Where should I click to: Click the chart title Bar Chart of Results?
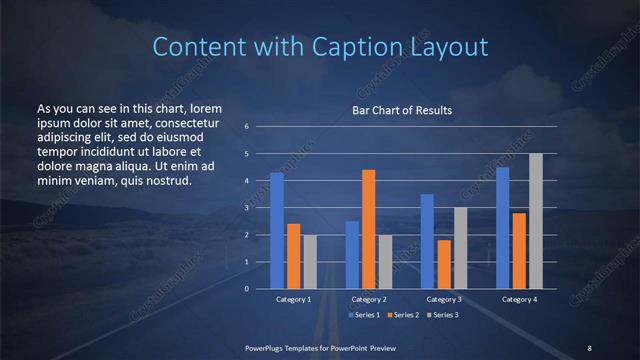[x=401, y=110]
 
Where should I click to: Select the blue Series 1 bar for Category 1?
[x=277, y=230]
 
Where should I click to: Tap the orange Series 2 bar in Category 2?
[x=369, y=228]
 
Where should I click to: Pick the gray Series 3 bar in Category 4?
[x=536, y=220]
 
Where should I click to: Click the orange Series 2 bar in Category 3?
[x=444, y=263]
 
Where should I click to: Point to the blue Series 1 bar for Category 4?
[x=503, y=227]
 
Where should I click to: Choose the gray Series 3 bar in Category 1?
[x=310, y=261]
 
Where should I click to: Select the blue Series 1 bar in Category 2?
[x=352, y=254]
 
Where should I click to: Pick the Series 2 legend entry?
[x=403, y=315]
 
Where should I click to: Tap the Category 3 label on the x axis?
[x=444, y=299]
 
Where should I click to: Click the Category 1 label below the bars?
[x=293, y=299]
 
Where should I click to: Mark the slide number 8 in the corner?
[x=589, y=347]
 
